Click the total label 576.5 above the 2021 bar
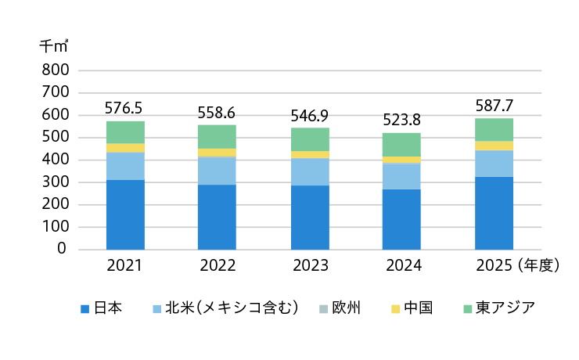pyautogui.click(x=124, y=108)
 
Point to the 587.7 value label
pyautogui.click(x=494, y=106)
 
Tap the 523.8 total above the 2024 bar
pyautogui.click(x=401, y=120)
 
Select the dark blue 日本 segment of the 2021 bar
pyautogui.click(x=125, y=215)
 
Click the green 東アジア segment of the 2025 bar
pyautogui.click(x=494, y=130)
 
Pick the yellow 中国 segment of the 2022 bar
pyautogui.click(x=218, y=153)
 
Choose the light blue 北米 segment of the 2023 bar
pyautogui.click(x=310, y=172)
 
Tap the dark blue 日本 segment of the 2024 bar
pyautogui.click(x=401, y=220)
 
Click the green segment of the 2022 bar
pyautogui.click(x=218, y=137)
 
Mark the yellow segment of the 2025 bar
pyautogui.click(x=494, y=146)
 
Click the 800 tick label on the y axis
pyautogui.click(x=56, y=70)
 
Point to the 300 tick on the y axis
pyautogui.click(x=56, y=182)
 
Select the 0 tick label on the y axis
pyautogui.click(x=62, y=249)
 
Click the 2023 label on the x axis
pyautogui.click(x=311, y=265)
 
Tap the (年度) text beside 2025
pyautogui.click(x=538, y=265)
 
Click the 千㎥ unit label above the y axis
pyautogui.click(x=54, y=46)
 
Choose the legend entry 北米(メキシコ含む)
pyautogui.click(x=232, y=308)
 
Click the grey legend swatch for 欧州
pyautogui.click(x=323, y=308)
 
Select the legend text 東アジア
pyautogui.click(x=505, y=308)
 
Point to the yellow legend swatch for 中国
pyautogui.click(x=395, y=308)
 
